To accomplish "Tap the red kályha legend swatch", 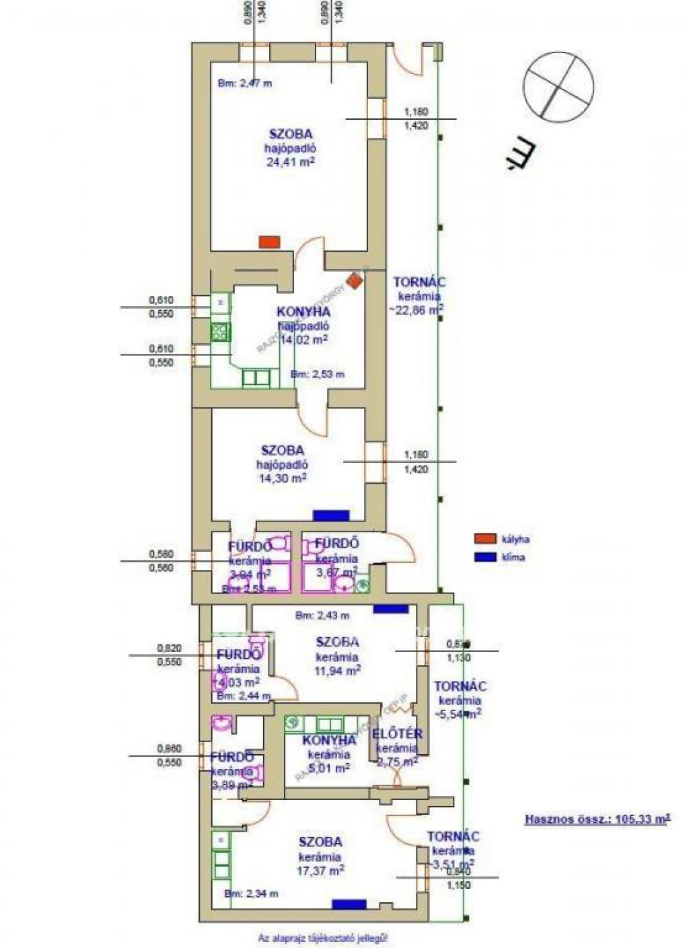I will tap(483, 539).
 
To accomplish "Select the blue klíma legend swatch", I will tap(483, 557).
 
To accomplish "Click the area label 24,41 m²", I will tap(291, 162).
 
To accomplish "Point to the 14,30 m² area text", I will tap(283, 478).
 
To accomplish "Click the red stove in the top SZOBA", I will tap(269, 242).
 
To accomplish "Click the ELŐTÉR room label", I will tap(397, 734).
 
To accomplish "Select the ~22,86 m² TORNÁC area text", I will tap(416, 310).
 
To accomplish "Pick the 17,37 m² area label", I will tap(321, 870).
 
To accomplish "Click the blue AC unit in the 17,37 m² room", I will tap(349, 904).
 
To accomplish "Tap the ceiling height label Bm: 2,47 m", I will tap(245, 83).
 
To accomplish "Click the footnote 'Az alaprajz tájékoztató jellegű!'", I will tap(323, 937).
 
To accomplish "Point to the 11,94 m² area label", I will tap(337, 671).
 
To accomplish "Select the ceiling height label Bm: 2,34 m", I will tap(251, 894).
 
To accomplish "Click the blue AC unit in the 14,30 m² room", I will tap(331, 515).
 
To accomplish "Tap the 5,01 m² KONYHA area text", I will tap(328, 768).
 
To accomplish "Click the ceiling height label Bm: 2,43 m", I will tap(322, 615).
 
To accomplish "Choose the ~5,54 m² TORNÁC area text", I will tap(459, 715).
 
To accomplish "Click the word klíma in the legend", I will tap(513, 557).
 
